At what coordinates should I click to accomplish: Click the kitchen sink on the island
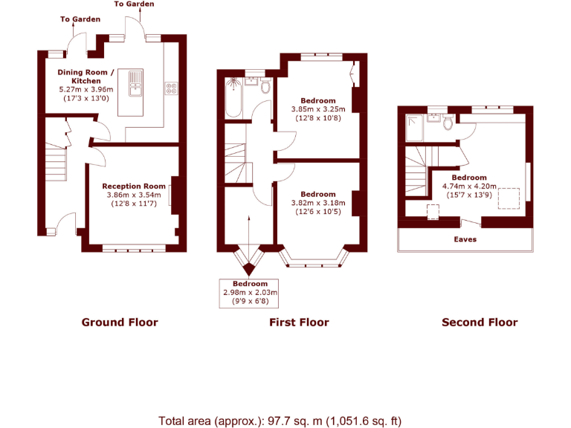[x=135, y=83]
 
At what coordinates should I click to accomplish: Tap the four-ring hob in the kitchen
[x=171, y=88]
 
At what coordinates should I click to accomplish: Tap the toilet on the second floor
[x=448, y=123]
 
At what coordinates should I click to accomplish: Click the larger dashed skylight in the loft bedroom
[x=509, y=199]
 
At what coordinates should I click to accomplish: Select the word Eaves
[x=465, y=240]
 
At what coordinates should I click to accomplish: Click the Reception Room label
[x=134, y=186]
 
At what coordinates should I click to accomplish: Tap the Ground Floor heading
[x=120, y=322]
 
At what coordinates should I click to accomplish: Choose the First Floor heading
[x=299, y=322]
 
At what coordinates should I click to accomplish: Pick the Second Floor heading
[x=480, y=322]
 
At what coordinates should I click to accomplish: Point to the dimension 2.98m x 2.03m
[x=249, y=293]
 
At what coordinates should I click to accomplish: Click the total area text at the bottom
[x=280, y=421]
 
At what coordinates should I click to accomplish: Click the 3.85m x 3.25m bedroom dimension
[x=317, y=109]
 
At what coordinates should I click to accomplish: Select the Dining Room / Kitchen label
[x=86, y=77]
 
